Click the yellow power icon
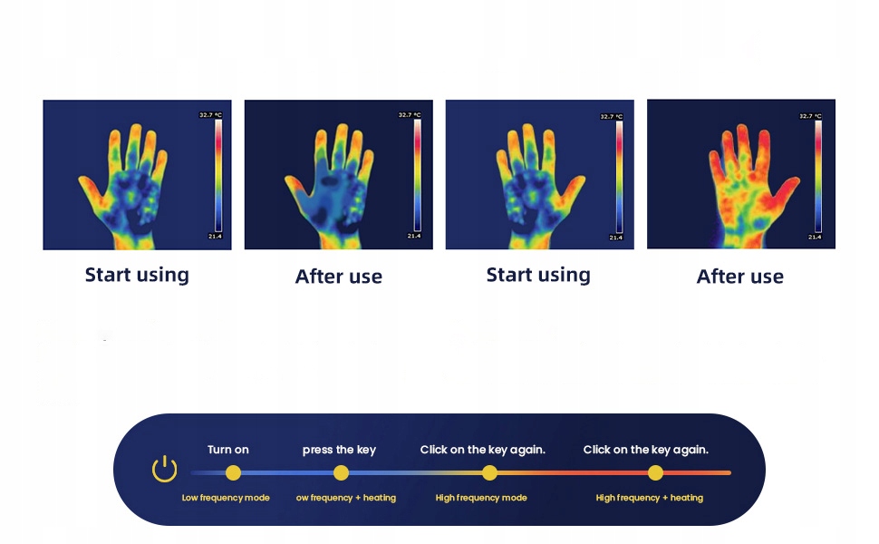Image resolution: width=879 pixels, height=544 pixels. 164,469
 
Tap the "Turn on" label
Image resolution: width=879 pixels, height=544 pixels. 228,449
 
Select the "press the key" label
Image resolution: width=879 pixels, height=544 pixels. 339,450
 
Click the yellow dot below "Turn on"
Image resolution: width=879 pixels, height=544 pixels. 233,473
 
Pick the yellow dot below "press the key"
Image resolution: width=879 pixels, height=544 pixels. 341,473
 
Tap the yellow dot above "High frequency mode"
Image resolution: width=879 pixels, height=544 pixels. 489,473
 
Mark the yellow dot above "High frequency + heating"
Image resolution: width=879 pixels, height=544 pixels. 655,473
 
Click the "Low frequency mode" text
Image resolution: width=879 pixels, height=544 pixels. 226,498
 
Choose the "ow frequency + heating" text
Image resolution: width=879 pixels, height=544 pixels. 346,498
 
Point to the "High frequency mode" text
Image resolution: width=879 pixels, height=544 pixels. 481,498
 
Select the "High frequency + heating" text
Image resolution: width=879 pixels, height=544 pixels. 649,498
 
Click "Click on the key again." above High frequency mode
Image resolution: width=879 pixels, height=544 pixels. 483,450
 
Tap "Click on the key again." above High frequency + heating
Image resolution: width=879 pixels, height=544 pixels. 646,450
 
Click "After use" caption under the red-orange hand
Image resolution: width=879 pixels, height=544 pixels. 740,277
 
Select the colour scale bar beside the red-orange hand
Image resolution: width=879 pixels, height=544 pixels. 818,176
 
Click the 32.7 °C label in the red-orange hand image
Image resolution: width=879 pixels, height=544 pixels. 811,116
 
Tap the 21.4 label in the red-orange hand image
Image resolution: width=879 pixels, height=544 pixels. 815,238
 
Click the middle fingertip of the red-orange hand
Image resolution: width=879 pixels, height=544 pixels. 743,131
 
